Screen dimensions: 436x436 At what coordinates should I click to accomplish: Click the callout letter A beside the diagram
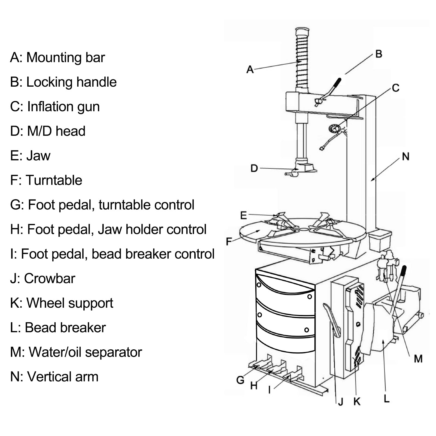(250, 69)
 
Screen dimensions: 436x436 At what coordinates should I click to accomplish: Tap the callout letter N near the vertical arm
(405, 157)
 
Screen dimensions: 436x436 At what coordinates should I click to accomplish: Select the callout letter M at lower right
(418, 359)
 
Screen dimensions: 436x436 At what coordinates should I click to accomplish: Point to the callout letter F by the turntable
(229, 241)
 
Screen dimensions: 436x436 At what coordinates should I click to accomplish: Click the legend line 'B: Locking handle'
(63, 82)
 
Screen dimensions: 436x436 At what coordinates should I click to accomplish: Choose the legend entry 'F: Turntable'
(46, 180)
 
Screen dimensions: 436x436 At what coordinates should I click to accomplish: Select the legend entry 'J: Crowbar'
(43, 278)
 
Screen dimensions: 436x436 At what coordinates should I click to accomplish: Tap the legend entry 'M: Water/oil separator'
(76, 352)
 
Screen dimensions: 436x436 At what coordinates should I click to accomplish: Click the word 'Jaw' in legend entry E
(38, 156)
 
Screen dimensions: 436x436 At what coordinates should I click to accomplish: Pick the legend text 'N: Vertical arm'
(54, 377)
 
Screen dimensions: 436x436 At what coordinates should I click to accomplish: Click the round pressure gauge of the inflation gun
(334, 128)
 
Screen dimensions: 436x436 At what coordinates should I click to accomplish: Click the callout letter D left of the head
(254, 168)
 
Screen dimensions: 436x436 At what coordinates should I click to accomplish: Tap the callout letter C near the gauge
(395, 88)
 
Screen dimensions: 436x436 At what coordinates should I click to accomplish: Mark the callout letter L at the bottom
(386, 399)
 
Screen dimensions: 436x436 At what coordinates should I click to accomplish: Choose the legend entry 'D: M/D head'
(48, 131)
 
